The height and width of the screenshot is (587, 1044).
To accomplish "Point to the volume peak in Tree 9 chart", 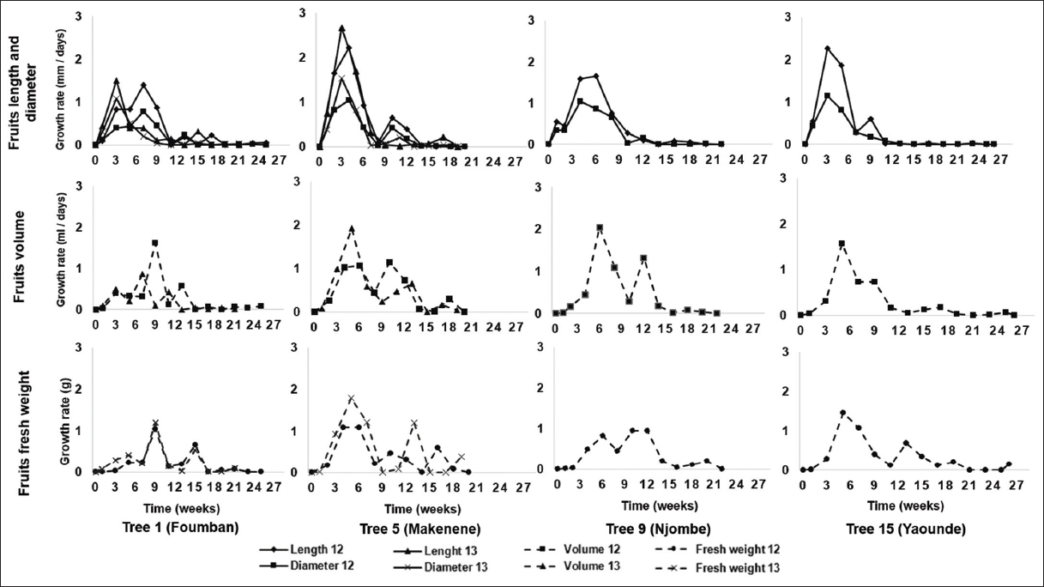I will pos(600,227).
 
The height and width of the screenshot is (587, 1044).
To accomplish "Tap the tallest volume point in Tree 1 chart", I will pos(154,243).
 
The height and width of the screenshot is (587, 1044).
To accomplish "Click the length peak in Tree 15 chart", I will pos(827,48).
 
